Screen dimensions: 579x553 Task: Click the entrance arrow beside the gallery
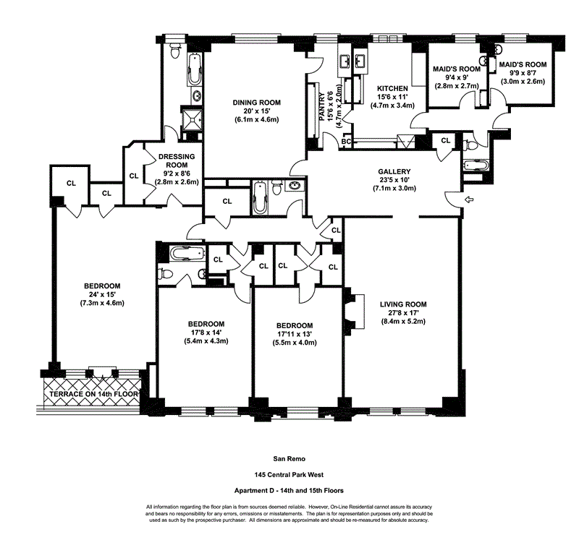pyautogui.click(x=469, y=200)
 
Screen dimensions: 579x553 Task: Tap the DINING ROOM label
pyautogui.click(x=257, y=103)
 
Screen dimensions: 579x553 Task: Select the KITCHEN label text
pyautogui.click(x=392, y=88)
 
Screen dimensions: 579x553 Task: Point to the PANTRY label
pyautogui.click(x=321, y=106)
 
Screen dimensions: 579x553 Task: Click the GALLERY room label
pyautogui.click(x=394, y=171)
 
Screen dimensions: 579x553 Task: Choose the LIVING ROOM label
pyautogui.click(x=403, y=304)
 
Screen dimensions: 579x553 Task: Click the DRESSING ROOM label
pyautogui.click(x=177, y=161)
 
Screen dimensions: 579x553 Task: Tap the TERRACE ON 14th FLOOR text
pyautogui.click(x=94, y=394)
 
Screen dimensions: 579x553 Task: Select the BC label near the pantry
pyautogui.click(x=346, y=141)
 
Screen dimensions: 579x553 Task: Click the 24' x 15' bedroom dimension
pyautogui.click(x=102, y=294)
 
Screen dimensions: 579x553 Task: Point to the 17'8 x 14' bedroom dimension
pyautogui.click(x=206, y=333)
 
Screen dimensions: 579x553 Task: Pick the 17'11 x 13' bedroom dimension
pyautogui.click(x=295, y=334)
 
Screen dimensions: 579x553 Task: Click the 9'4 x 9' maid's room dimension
pyautogui.click(x=457, y=77)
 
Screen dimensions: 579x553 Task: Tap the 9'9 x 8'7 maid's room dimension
pyautogui.click(x=523, y=73)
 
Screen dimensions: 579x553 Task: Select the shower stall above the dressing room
pyautogui.click(x=192, y=119)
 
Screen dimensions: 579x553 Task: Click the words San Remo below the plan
pyautogui.click(x=289, y=459)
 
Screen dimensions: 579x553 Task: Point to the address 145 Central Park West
pyautogui.click(x=289, y=475)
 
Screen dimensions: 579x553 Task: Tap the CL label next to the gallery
pyautogui.click(x=446, y=140)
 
